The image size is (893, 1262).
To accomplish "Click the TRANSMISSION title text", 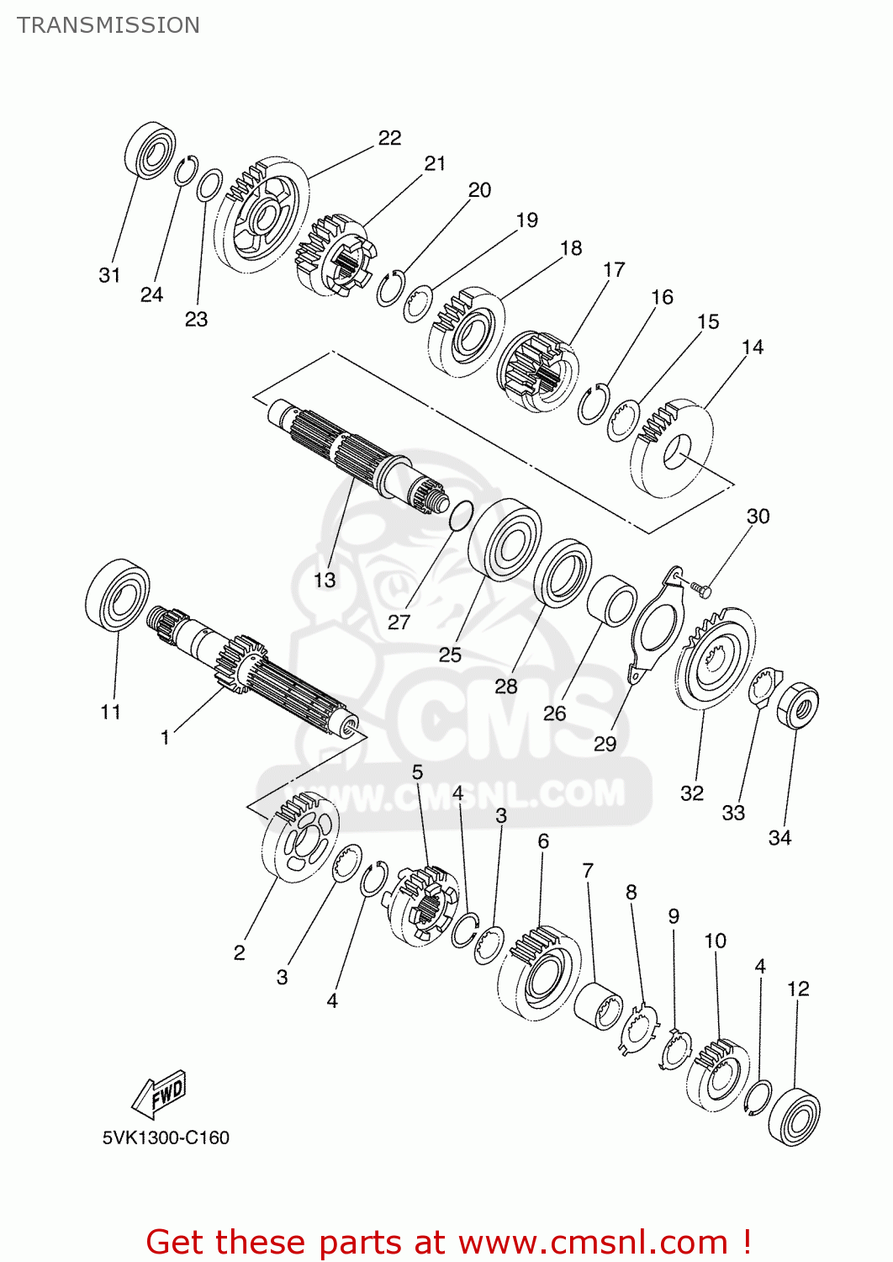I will pyautogui.click(x=108, y=25).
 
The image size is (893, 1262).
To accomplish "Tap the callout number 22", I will pyautogui.click(x=389, y=138).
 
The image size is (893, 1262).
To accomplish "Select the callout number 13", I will pyautogui.click(x=325, y=580).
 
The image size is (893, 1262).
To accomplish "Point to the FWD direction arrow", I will pyautogui.click(x=160, y=1094).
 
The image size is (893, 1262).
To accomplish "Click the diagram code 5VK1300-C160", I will pyautogui.click(x=166, y=1137).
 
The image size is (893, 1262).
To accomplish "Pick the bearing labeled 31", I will pyautogui.click(x=151, y=150).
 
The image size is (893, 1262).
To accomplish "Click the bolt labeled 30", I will pyautogui.click(x=700, y=590).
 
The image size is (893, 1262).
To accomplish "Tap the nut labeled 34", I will pyautogui.click(x=797, y=705).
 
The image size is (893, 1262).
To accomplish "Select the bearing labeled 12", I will pyautogui.click(x=795, y=1116).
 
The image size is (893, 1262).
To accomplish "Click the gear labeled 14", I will pyautogui.click(x=673, y=449).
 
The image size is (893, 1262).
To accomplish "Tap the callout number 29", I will pyautogui.click(x=605, y=744).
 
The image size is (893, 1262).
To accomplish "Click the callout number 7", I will pyautogui.click(x=588, y=870).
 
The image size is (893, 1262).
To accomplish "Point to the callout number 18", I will pyautogui.click(x=571, y=248).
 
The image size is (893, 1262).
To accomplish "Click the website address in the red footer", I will pyautogui.click(x=594, y=1242).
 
